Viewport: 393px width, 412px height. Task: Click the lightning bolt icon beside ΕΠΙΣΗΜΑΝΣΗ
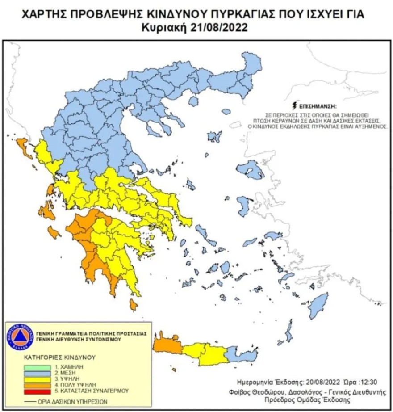point(293,106)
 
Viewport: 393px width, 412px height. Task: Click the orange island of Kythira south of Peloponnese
point(133,304)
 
